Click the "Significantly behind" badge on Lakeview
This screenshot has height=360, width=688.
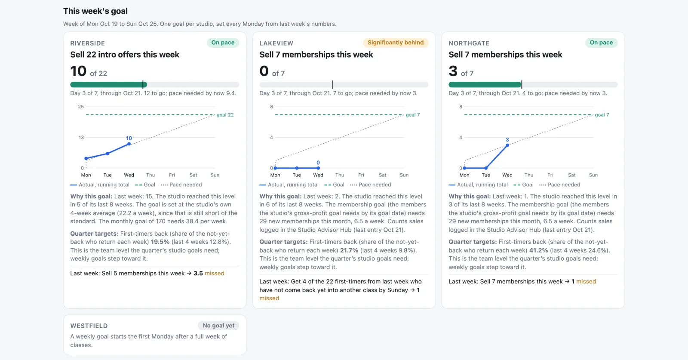click(396, 43)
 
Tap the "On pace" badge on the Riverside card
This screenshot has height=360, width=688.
click(223, 43)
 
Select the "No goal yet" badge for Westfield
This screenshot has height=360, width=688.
click(218, 325)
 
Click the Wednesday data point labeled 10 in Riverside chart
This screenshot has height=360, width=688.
click(129, 144)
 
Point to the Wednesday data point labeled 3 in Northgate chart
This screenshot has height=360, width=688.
click(507, 145)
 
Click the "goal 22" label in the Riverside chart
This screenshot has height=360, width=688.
click(225, 115)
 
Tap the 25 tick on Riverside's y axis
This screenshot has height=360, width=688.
click(81, 107)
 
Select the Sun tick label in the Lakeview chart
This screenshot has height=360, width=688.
click(404, 175)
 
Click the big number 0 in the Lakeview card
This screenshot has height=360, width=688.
click(264, 71)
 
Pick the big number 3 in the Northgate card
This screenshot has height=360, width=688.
click(453, 71)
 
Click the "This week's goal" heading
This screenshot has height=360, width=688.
click(95, 11)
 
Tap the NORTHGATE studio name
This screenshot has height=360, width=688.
click(469, 43)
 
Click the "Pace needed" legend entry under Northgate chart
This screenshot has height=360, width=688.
click(559, 185)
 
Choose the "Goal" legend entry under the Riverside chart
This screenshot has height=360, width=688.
click(145, 185)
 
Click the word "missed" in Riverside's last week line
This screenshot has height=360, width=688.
click(215, 274)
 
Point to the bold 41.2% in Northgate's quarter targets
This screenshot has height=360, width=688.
click(538, 250)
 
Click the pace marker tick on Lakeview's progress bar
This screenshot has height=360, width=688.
click(332, 84)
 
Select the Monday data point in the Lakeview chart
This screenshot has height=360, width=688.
click(275, 168)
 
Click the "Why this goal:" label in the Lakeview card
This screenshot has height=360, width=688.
click(280, 196)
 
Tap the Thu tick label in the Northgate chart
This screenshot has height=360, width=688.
click(528, 175)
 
